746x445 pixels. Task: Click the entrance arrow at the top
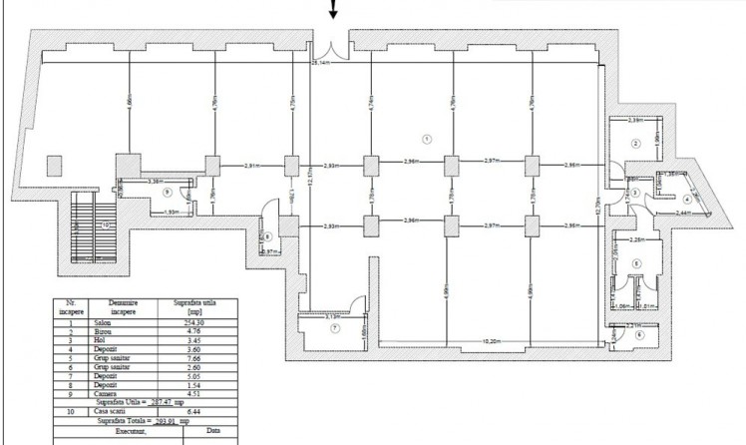click(333, 10)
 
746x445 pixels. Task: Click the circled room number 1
click(427, 138)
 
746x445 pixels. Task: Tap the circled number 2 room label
click(634, 143)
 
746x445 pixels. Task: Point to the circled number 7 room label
click(335, 328)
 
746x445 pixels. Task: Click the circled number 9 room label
click(168, 193)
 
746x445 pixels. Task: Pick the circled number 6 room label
click(638, 335)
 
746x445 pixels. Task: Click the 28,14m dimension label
click(320, 63)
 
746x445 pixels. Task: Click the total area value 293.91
click(166, 422)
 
